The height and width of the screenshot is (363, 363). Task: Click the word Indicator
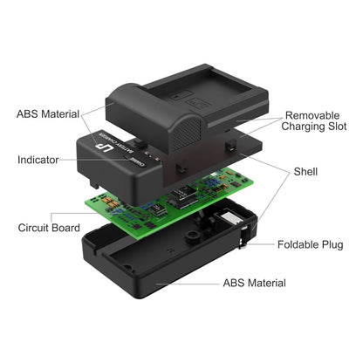tap(38, 160)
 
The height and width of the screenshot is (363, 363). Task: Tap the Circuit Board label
tap(49, 228)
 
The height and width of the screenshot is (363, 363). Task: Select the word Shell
tap(305, 172)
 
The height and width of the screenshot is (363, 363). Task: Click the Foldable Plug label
tap(311, 244)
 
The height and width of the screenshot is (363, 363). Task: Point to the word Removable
tap(312, 115)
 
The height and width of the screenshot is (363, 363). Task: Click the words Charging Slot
tap(314, 127)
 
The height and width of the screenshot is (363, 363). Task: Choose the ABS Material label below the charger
tap(255, 283)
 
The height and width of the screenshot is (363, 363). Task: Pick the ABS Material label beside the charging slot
tap(48, 114)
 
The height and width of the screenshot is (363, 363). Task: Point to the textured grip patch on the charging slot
tap(187, 134)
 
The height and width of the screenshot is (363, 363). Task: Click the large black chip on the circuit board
tap(183, 193)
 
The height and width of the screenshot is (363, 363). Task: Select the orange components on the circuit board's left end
tap(109, 202)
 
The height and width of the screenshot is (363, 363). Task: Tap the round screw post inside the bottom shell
tap(192, 236)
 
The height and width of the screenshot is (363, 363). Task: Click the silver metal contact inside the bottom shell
tap(229, 218)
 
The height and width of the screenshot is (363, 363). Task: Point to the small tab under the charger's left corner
tap(94, 182)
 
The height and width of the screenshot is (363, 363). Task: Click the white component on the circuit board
tap(215, 174)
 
